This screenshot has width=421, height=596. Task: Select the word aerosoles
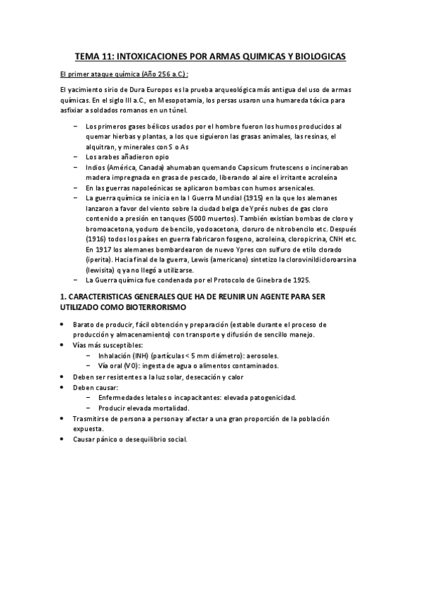(x=261, y=356)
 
